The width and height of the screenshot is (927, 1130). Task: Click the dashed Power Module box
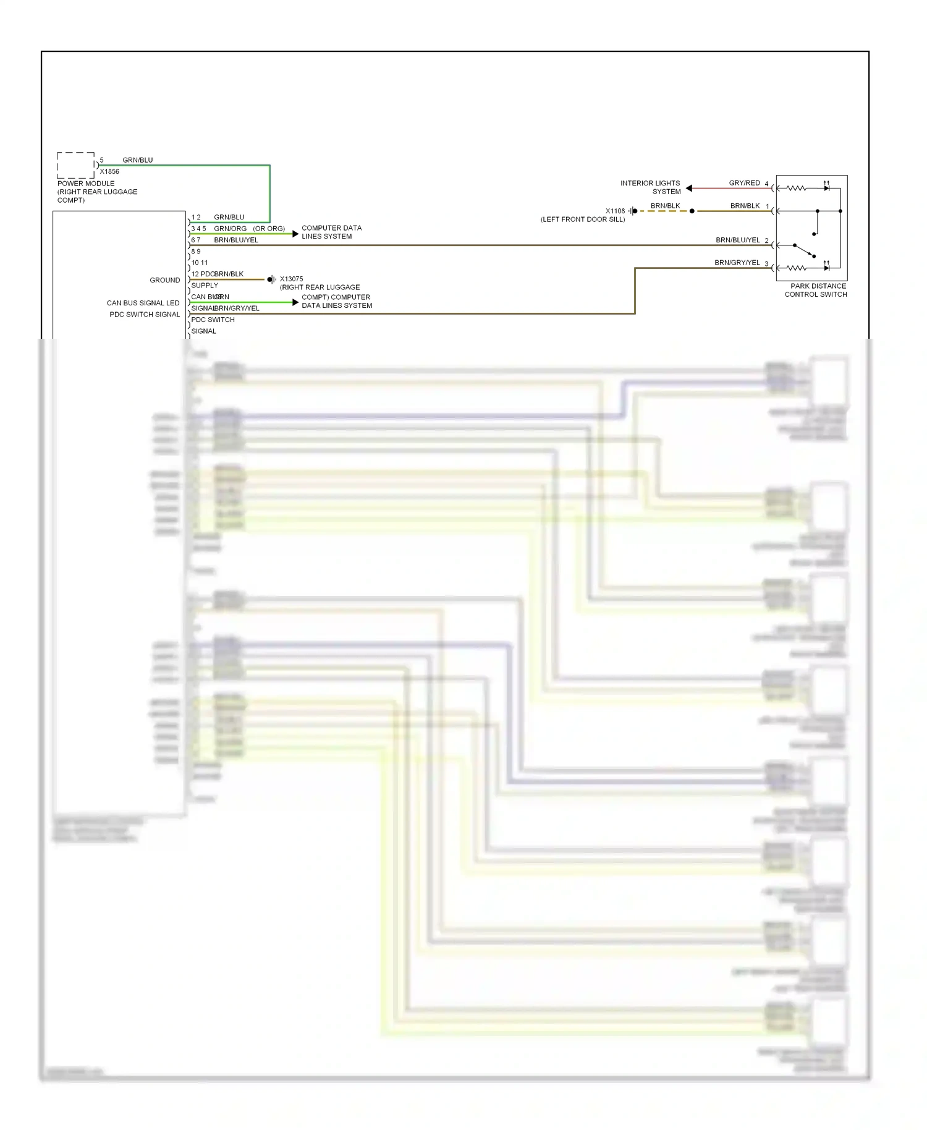click(76, 165)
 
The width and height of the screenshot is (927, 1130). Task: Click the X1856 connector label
click(109, 171)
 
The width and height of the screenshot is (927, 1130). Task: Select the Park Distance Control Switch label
click(817, 290)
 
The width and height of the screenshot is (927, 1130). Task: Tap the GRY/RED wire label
click(744, 183)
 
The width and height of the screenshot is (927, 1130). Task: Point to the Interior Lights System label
click(650, 187)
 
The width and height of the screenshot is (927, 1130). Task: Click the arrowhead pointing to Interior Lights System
click(689, 188)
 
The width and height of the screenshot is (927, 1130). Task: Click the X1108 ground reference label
click(615, 211)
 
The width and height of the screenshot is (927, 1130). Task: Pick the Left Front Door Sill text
click(583, 219)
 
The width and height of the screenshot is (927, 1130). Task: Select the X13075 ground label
click(291, 279)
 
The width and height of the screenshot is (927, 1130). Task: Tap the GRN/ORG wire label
click(230, 229)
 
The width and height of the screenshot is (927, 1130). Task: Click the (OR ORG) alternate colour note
click(269, 229)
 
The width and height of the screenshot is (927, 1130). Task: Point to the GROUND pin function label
click(164, 280)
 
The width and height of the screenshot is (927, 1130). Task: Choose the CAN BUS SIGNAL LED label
click(143, 303)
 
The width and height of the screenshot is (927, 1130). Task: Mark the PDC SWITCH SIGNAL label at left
click(145, 315)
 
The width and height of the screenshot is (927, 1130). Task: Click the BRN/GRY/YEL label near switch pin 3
click(737, 263)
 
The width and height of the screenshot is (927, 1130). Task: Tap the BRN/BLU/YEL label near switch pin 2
click(737, 240)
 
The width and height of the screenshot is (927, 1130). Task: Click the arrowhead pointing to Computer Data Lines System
click(295, 234)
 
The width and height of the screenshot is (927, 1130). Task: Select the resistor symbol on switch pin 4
click(796, 188)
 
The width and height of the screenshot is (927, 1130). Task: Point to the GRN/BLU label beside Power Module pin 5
click(137, 160)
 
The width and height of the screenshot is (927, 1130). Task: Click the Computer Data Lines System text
click(331, 232)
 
